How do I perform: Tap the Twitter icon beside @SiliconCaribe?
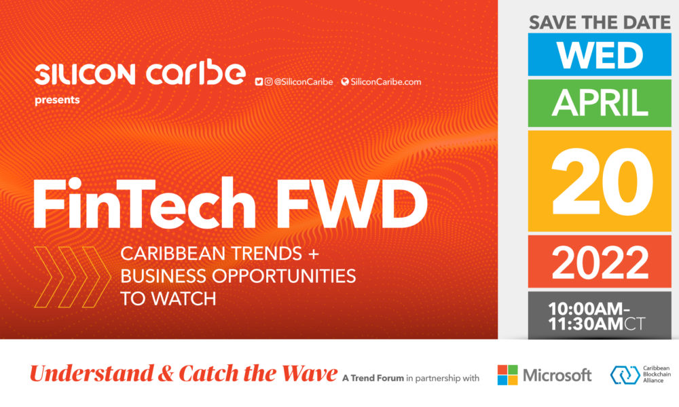coord(259,82)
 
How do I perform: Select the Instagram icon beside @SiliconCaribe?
coord(268,82)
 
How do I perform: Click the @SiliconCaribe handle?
coord(303,82)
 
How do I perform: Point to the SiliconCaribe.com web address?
coord(386,82)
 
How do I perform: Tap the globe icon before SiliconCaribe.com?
coord(345,82)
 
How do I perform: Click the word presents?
coord(57,100)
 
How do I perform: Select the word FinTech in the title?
coord(145,203)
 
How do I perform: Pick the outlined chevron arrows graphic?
coord(73,277)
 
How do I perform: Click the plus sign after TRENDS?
coord(313,254)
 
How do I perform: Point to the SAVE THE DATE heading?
coord(600,22)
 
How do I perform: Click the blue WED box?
coord(600,54)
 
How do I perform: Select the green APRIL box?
coord(600,103)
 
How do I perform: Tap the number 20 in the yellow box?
coord(602,182)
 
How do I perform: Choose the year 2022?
coord(600,263)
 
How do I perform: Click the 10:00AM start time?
coord(585,309)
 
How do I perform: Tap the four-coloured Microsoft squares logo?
coord(507,375)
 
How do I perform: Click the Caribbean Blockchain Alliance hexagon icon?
coord(625,375)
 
